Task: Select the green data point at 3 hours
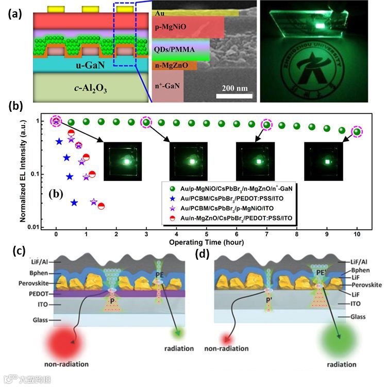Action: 146,123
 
